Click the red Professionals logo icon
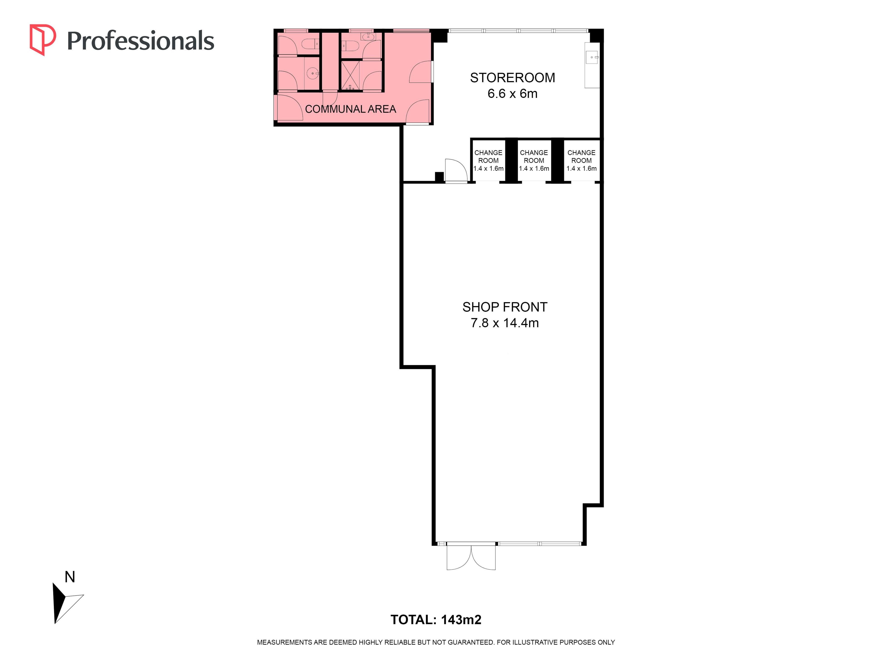42,40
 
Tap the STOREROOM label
513,78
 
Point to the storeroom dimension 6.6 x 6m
513,93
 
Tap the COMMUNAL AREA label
350,109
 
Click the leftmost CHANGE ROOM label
488,156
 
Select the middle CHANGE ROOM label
534,156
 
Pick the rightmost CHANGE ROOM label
582,156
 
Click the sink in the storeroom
592,57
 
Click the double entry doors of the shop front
471,557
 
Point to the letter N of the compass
70,577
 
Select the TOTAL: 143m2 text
436,620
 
